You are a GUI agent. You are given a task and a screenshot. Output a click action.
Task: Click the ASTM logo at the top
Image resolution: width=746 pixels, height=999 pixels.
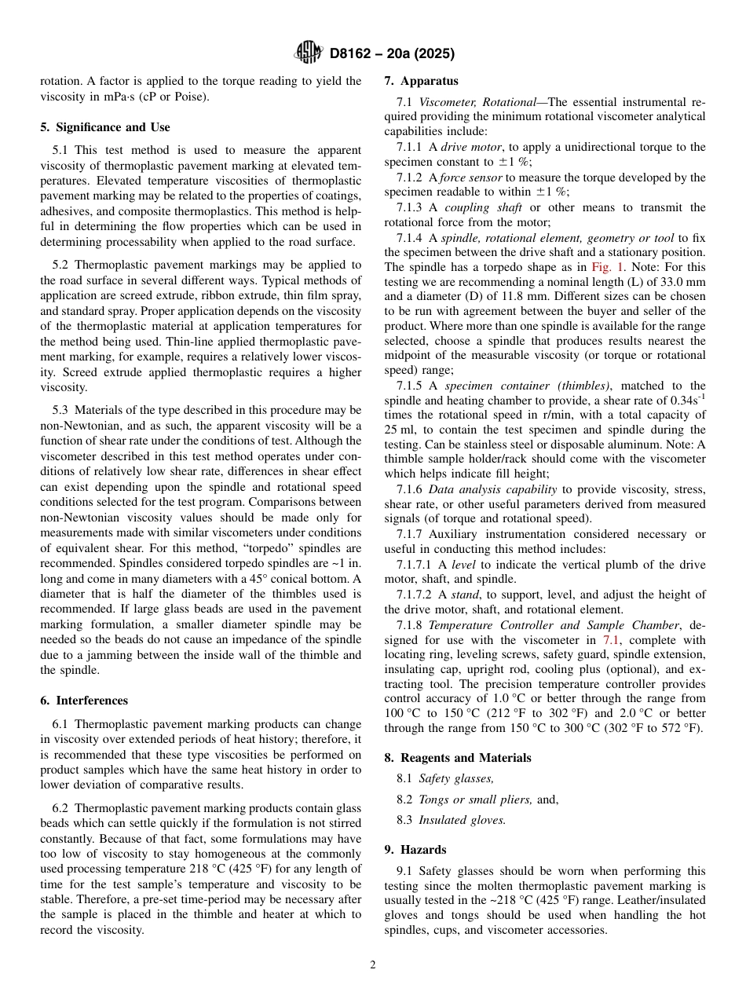pos(308,53)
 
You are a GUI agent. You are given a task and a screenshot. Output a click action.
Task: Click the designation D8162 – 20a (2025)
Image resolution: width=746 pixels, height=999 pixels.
pos(391,54)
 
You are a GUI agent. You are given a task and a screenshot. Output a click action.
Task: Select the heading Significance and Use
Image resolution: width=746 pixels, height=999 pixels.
pos(104,127)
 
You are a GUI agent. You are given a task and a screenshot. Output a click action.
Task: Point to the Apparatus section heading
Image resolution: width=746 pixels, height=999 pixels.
pos(421,81)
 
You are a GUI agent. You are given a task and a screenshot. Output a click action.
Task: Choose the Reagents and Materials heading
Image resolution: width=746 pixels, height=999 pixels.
pos(457,758)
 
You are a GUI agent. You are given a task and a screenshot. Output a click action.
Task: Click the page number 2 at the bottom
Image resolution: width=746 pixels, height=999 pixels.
pos(373,965)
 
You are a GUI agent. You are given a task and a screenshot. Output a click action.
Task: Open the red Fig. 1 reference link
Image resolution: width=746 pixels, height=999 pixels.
pos(608,267)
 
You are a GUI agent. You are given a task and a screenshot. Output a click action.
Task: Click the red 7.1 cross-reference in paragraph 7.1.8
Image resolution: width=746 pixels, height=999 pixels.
pos(611,640)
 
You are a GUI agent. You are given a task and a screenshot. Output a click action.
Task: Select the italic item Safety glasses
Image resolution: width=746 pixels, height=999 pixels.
pos(456,778)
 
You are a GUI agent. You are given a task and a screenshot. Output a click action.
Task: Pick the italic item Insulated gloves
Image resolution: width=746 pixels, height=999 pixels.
pos(462,820)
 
